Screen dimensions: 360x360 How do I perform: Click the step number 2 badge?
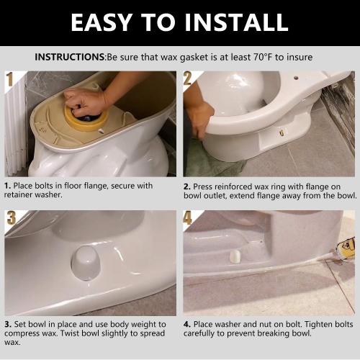coord(189,78)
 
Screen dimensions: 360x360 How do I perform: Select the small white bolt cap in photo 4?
coord(234,255)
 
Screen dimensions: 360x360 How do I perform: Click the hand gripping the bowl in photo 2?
coord(199,115)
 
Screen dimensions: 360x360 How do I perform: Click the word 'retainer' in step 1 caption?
coord(22,194)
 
